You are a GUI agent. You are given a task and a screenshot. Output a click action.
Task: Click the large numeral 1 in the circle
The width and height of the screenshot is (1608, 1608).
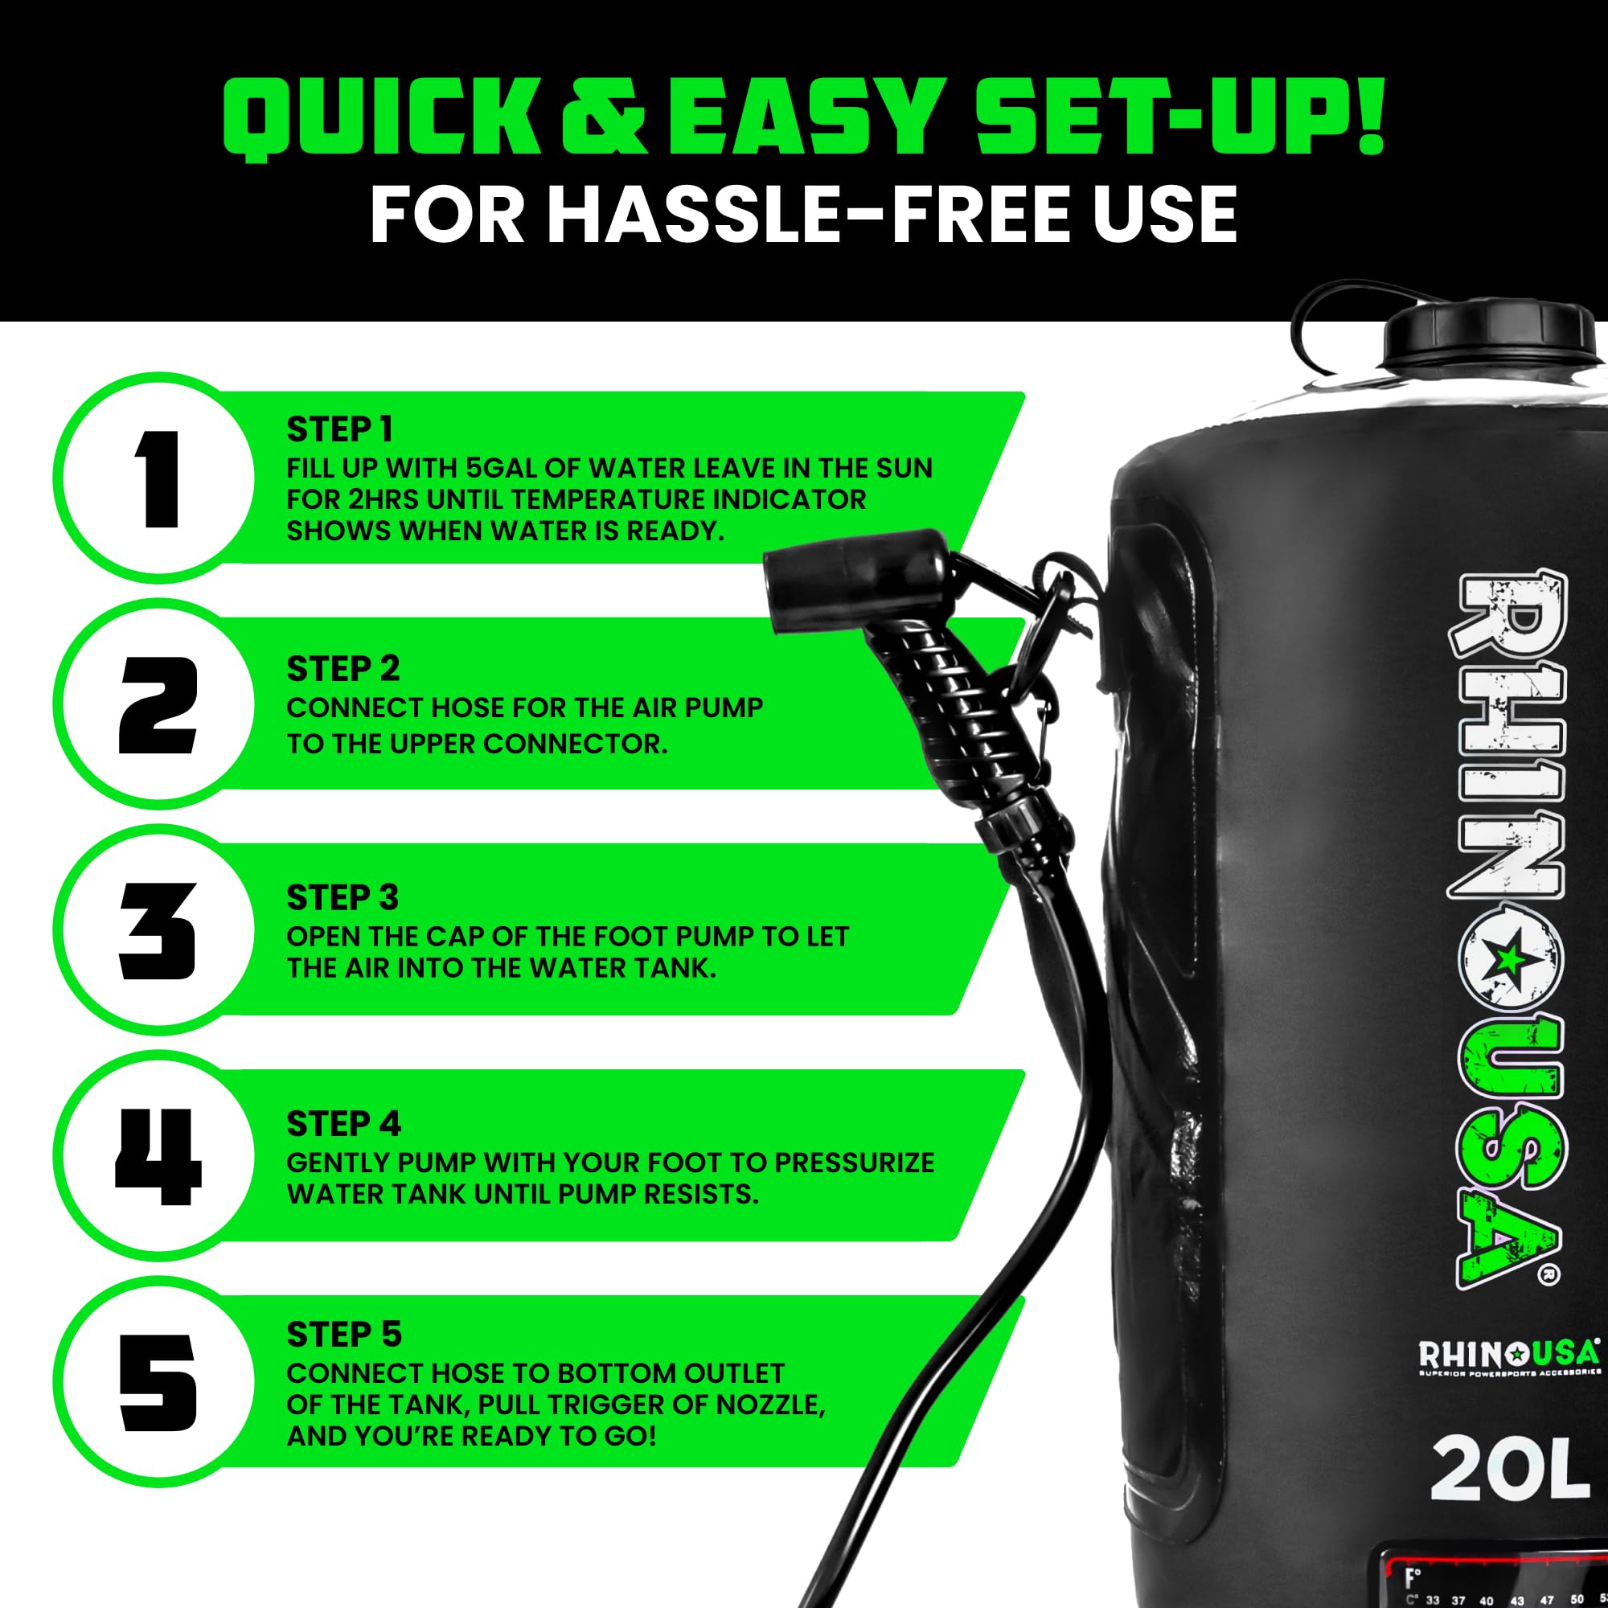158,478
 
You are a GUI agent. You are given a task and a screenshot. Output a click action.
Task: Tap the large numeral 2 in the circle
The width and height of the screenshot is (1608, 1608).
158,705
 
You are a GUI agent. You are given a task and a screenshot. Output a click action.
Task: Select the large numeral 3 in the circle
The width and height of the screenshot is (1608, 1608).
158,931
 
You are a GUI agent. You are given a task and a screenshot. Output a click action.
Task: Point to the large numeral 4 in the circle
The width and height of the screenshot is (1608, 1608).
158,1157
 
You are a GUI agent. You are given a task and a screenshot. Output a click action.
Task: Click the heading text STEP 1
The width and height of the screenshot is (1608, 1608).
338,430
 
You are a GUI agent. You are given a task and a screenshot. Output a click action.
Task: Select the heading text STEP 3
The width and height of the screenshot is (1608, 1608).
343,898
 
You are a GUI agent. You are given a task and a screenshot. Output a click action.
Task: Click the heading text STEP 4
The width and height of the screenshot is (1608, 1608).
344,1124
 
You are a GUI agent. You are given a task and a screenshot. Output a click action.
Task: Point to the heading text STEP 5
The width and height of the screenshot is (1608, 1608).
344,1335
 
